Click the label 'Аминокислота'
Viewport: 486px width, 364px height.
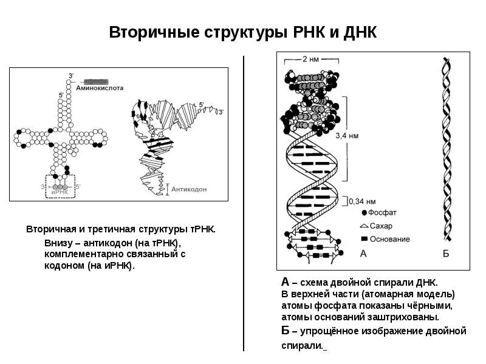(x=100, y=88)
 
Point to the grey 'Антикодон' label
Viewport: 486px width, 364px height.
(x=189, y=189)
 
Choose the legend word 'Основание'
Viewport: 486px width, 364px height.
(x=389, y=239)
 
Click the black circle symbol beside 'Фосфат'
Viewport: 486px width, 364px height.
(x=364, y=213)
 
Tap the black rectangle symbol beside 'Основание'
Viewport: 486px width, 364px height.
(x=364, y=239)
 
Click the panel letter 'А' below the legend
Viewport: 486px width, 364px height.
(x=364, y=254)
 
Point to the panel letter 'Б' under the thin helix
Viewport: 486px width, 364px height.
(x=445, y=254)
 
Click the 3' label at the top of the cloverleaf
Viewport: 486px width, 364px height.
(x=71, y=76)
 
